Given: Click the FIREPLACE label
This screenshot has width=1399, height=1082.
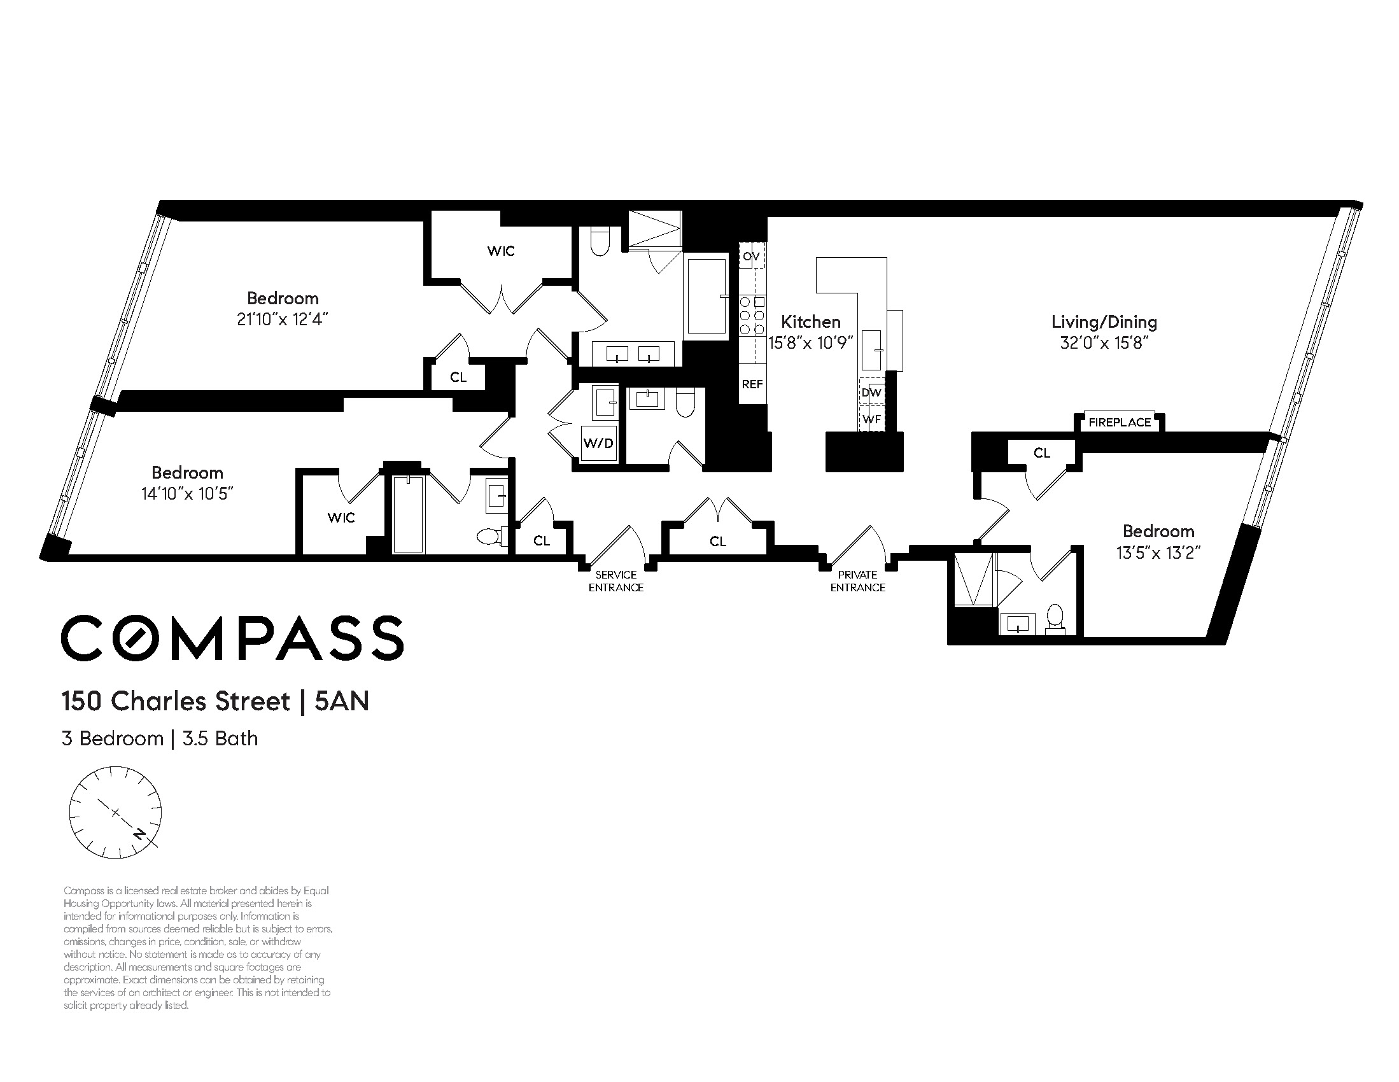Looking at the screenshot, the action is pos(1119,422).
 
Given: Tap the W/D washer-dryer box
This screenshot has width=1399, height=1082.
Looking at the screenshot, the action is pos(599,444).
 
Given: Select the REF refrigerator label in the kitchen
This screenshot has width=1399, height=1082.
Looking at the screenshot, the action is pos(752,384).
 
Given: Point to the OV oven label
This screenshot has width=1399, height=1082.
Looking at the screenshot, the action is pos(752,257).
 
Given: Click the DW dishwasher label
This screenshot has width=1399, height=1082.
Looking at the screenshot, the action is pos(872,392).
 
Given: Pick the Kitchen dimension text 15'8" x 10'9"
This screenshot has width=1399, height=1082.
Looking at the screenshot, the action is pos(810,342).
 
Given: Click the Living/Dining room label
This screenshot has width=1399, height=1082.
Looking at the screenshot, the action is pos(1104,322).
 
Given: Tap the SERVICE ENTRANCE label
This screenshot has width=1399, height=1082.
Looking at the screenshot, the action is pos(616,581).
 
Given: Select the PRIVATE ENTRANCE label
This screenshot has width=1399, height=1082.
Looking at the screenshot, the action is pos(858,581).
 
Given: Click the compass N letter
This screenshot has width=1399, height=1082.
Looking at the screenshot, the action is pos(138,833).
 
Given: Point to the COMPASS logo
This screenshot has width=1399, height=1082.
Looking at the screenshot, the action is pos(232,638).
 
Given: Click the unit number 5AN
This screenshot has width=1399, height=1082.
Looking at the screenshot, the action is pos(342,701).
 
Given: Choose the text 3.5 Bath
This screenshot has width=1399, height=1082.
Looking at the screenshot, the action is pos(220,739).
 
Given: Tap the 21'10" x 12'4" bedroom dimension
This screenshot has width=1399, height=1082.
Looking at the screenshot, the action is pos(283,319).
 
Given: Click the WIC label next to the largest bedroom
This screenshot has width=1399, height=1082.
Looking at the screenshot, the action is pos(500,251).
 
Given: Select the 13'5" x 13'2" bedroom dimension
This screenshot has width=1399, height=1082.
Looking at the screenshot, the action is pos(1158,552).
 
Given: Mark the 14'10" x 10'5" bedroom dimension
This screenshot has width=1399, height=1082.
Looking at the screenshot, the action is pos(187,493).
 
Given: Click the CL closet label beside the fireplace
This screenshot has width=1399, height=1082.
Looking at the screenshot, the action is pos(1042,453).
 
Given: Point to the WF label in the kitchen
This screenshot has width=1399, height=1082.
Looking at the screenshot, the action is pos(872,419).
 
